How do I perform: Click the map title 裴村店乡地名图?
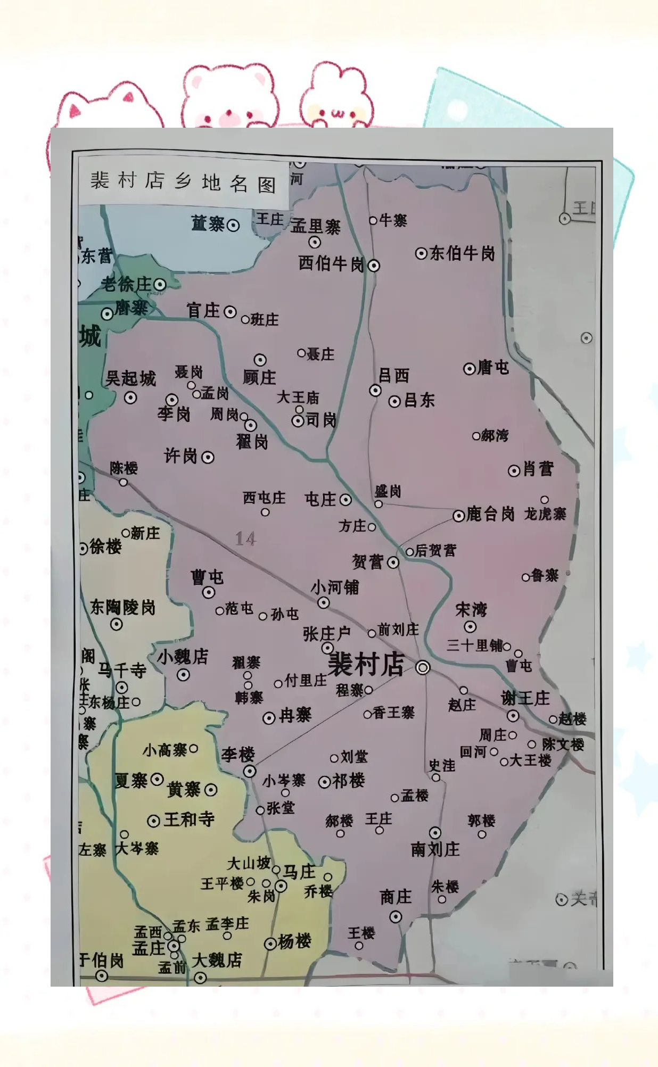tap(183, 182)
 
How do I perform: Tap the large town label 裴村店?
tap(366, 665)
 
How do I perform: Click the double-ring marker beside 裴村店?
tap(423, 667)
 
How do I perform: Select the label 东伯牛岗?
tap(462, 253)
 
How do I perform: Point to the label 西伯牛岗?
tap(331, 263)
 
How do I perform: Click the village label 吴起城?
tap(130, 378)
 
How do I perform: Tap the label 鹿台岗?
tap(490, 514)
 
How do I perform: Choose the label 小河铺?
tap(335, 588)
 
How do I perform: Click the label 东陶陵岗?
tap(122, 607)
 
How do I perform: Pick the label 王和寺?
tap(189, 819)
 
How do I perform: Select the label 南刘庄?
tap(435, 849)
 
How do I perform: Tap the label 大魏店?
tap(217, 961)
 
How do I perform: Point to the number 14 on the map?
tap(245, 539)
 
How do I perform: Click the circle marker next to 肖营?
tap(514, 470)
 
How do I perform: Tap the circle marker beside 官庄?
tap(230, 312)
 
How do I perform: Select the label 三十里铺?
tap(474, 646)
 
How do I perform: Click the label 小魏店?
tap(182, 656)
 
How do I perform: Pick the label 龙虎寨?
tap(545, 514)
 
